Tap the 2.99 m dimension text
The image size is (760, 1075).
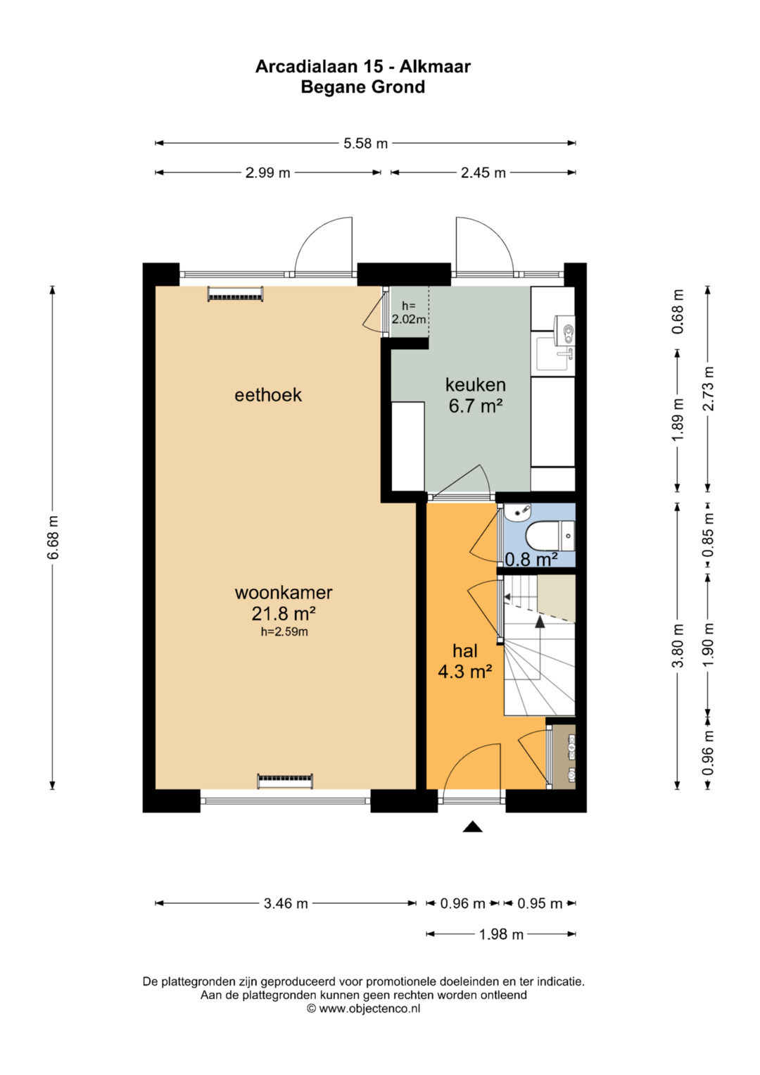[x=267, y=172]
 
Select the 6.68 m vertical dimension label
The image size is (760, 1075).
[x=53, y=538]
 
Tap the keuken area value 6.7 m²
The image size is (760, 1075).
[x=476, y=406]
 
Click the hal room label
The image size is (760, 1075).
[x=465, y=651]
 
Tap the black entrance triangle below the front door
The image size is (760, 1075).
[x=473, y=826]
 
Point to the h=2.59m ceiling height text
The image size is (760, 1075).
[x=284, y=632]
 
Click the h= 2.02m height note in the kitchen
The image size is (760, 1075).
[x=409, y=313]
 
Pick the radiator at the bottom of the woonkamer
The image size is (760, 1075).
[x=285, y=781]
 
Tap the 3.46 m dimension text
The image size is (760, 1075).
[x=286, y=904]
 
